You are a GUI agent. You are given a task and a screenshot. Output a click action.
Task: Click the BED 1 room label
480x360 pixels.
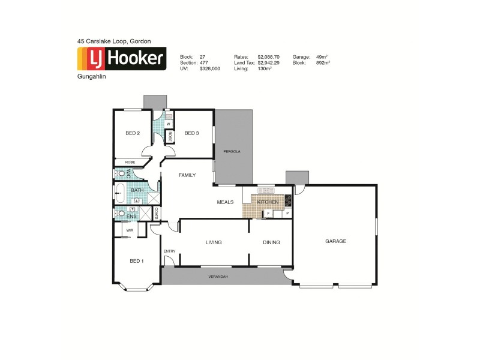[136, 261]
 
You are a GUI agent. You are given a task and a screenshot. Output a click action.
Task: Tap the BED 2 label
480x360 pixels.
[133, 133]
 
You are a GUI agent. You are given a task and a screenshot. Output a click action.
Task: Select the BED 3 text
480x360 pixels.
[191, 133]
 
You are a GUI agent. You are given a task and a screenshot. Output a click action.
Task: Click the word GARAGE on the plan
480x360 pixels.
[335, 241]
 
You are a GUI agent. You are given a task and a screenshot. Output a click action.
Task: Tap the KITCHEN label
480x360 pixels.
[268, 203]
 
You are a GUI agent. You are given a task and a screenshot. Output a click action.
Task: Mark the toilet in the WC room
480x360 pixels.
[122, 174]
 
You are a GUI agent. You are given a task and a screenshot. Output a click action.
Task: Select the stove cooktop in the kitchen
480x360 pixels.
[288, 201]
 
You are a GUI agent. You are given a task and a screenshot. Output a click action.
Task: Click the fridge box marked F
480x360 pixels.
[268, 213]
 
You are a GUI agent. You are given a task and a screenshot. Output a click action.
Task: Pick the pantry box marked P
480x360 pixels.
[287, 213]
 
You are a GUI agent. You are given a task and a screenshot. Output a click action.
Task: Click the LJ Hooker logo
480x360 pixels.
[122, 58]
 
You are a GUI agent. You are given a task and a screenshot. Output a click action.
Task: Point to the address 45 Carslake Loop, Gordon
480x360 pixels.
[113, 41]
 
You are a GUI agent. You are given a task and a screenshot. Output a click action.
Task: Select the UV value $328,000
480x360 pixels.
[209, 68]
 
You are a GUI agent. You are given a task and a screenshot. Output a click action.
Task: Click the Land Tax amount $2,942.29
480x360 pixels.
[269, 62]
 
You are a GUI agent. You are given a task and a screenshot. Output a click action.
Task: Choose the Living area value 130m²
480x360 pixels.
[265, 68]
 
